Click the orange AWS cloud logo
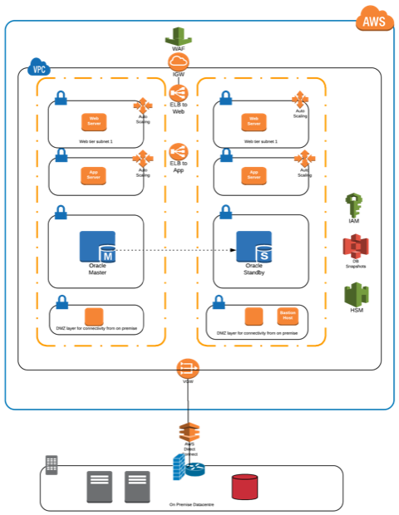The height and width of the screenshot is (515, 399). click(374, 19)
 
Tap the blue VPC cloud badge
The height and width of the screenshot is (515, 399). click(38, 68)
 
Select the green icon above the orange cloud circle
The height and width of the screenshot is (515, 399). click(178, 37)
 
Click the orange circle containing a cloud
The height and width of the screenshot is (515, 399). click(178, 62)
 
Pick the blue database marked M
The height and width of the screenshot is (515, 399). click(97, 247)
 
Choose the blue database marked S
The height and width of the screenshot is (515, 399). click(254, 247)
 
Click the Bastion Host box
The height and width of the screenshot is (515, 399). click(288, 316)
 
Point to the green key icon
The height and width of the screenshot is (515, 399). click(354, 205)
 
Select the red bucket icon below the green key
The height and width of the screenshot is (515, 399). click(356, 246)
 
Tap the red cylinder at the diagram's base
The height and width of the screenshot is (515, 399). click(244, 487)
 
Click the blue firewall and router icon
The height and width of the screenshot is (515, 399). click(188, 468)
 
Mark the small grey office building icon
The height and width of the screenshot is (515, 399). click(51, 465)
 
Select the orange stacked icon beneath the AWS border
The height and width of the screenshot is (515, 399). click(190, 432)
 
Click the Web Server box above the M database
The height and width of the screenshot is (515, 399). click(94, 121)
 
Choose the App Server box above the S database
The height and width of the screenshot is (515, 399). click(254, 175)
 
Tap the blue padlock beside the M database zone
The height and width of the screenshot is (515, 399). click(61, 213)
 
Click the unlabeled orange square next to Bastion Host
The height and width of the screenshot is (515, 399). click(254, 316)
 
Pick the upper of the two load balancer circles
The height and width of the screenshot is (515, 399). click(178, 93)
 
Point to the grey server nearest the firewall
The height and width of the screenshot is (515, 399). click(137, 486)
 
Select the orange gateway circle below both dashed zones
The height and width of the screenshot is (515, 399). click(187, 368)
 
